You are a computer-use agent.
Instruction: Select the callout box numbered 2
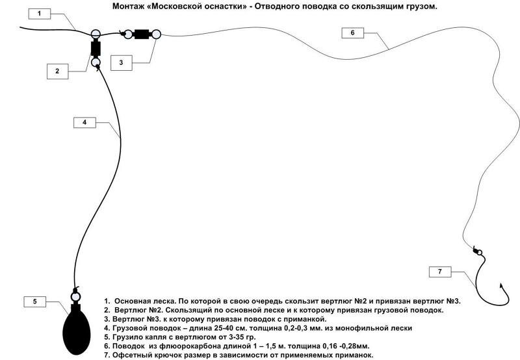pos(57,71)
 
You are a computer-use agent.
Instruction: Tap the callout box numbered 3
pos(121,62)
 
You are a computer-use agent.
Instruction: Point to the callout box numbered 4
pos(84,122)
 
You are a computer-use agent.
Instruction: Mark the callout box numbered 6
pos(352,32)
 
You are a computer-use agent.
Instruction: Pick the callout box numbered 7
pos(439,271)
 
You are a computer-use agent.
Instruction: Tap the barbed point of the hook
pos(501,286)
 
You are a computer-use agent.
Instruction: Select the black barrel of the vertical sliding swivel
pos(96,48)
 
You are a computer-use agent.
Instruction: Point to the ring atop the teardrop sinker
pos(75,297)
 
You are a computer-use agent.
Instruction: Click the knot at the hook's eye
pos(476,251)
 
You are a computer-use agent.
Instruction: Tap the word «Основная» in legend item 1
pos(135,302)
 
